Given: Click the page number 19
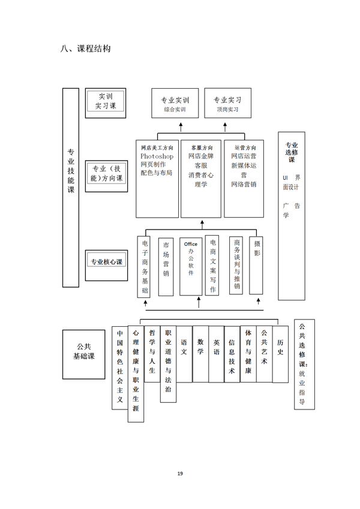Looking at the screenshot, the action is (x=180, y=473).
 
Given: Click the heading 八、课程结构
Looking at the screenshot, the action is (x=85, y=49).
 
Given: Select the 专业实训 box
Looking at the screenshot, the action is (x=175, y=103).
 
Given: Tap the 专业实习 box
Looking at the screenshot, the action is (x=227, y=103).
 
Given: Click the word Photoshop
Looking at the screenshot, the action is (x=157, y=156).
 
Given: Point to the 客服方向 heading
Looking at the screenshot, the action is (x=202, y=147).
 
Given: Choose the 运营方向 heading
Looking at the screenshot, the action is (x=245, y=147).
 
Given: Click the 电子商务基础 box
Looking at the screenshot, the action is (x=143, y=267).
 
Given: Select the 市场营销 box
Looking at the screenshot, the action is (x=166, y=267).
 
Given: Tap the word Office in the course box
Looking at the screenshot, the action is (x=191, y=244).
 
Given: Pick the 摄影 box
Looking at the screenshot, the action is (x=256, y=265).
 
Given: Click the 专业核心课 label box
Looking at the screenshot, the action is (x=106, y=266).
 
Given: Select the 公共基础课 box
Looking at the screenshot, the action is (x=84, y=354).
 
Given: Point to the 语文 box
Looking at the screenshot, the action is (x=184, y=354).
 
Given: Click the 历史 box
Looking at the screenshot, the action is (x=280, y=354).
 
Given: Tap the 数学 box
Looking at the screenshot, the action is (x=200, y=354).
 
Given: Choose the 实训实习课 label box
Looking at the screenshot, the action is (x=106, y=103).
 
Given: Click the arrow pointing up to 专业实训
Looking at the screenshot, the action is (x=181, y=127).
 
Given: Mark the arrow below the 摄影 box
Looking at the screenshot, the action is (x=259, y=302).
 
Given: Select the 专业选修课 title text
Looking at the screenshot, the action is (x=292, y=152).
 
